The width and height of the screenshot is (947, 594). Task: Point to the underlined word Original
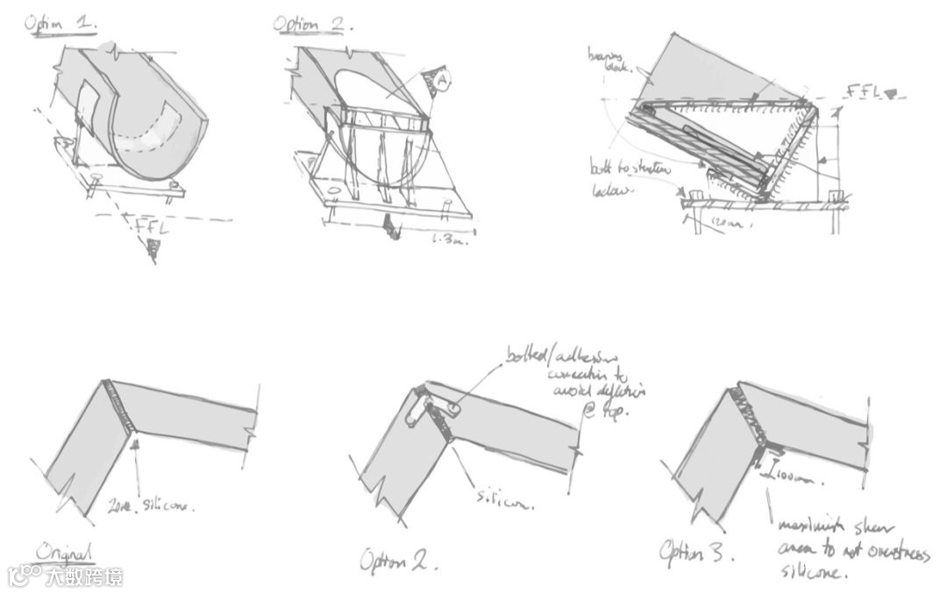click(64, 553)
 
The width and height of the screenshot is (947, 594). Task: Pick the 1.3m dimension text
click(451, 239)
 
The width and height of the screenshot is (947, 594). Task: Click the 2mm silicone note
click(150, 505)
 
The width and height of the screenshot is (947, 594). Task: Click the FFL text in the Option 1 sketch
click(152, 227)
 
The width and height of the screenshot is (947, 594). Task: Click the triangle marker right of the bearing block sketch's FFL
click(892, 93)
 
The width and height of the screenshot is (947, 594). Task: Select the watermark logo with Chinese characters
click(66, 576)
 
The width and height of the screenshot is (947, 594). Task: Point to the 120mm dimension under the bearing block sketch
click(730, 224)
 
